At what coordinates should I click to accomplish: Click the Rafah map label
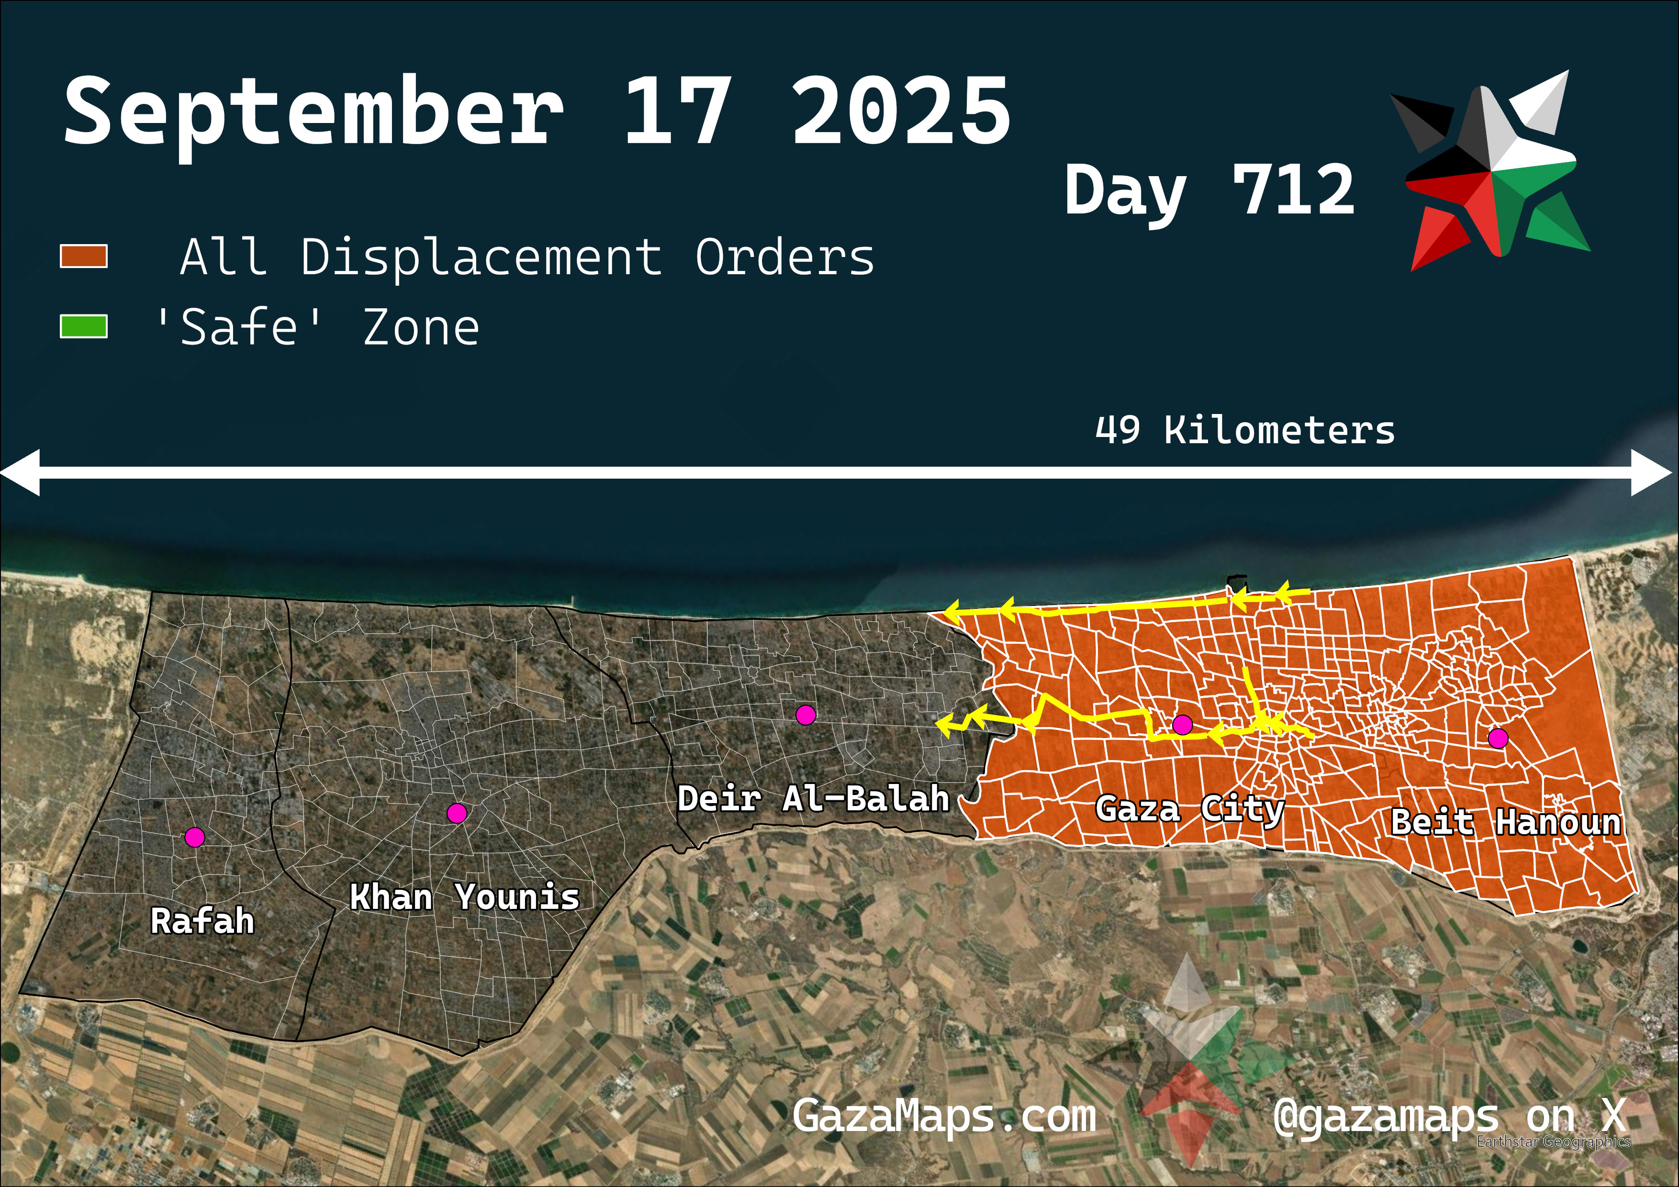[x=202, y=921]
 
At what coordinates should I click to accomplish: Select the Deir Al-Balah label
[x=813, y=798]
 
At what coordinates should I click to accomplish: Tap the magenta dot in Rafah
[x=194, y=837]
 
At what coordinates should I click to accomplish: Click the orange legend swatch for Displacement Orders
[x=83, y=257]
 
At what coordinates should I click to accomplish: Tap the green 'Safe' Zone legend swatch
[x=83, y=327]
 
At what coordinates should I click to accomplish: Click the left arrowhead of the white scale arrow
[x=21, y=473]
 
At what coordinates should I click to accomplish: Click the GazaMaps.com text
[x=944, y=1116]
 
